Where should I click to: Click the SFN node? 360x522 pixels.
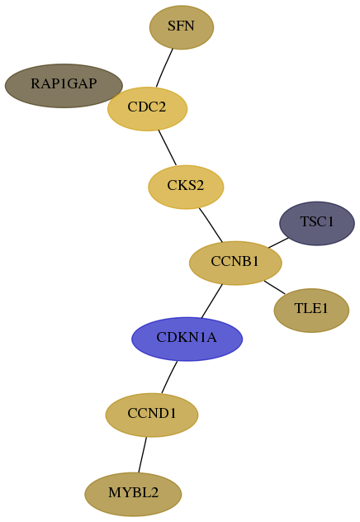coord(182,27)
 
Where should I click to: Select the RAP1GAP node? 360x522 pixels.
coord(64,86)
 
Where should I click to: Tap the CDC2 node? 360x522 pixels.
coord(147,109)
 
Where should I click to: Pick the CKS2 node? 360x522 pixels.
coord(186,187)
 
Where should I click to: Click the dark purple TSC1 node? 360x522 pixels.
coord(317,223)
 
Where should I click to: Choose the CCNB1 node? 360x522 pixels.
coord(235,263)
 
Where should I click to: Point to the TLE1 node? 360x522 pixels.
coord(311,311)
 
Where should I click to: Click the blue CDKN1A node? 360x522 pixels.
coord(187,339)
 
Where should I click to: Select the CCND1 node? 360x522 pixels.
coord(152,415)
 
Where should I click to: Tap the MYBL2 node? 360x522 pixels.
coord(133,494)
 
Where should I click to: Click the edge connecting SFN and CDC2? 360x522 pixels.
coord(164,68)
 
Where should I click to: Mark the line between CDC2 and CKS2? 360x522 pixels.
coord(167,148)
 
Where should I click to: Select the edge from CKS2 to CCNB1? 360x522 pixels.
coord(211,225)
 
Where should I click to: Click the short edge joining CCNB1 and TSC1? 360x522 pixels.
coord(278,243)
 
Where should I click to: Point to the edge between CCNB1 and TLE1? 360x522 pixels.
coord(274,287)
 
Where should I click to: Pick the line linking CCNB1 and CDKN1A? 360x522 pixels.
coord(211,301)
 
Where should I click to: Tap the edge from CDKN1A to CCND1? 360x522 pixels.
coord(169,377)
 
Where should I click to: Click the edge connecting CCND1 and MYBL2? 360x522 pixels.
coord(142,454)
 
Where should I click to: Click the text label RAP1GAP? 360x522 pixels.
coord(64,83)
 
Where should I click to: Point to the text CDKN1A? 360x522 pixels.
coord(187,337)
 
